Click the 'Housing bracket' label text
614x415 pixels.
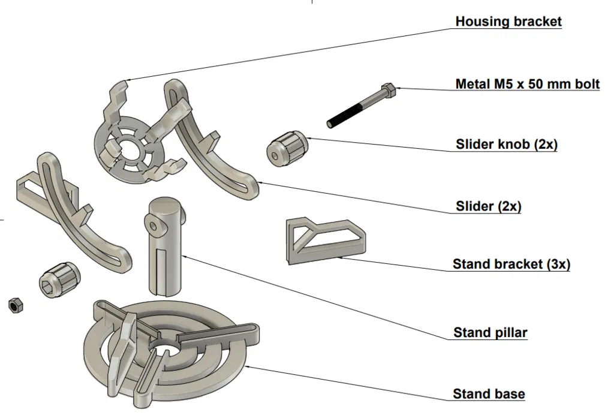pyautogui.click(x=508, y=22)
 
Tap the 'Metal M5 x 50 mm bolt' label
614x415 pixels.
pyautogui.click(x=527, y=84)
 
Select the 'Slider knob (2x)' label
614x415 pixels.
pyautogui.click(x=506, y=145)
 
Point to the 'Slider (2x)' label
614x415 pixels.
pyautogui.click(x=488, y=207)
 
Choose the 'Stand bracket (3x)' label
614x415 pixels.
pyautogui.click(x=511, y=264)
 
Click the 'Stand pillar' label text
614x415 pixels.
pyautogui.click(x=490, y=332)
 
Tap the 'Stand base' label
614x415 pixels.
pyautogui.click(x=489, y=394)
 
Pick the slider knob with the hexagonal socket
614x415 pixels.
pyautogui.click(x=58, y=278)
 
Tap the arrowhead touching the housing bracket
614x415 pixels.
pyautogui.click(x=129, y=79)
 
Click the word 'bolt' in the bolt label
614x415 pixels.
pyautogui.click(x=585, y=84)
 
